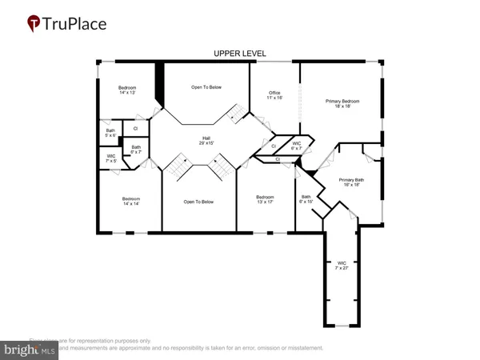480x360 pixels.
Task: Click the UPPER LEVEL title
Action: [240, 54]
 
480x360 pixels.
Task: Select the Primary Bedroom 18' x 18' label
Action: [342, 105]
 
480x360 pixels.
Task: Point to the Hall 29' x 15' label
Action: [206, 142]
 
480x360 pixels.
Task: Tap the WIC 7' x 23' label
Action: [342, 265]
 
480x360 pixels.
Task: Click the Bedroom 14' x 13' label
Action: [128, 90]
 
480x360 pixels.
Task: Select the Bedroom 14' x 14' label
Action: [131, 201]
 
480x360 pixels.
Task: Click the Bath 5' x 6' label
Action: [110, 133]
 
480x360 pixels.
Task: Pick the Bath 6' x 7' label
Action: [136, 150]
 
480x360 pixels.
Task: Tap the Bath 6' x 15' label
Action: [306, 199]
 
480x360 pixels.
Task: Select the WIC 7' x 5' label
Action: [111, 158]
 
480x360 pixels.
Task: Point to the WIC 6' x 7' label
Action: [296, 146]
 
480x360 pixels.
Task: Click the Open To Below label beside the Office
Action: [206, 86]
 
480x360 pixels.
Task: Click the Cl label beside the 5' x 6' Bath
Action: [135, 128]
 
